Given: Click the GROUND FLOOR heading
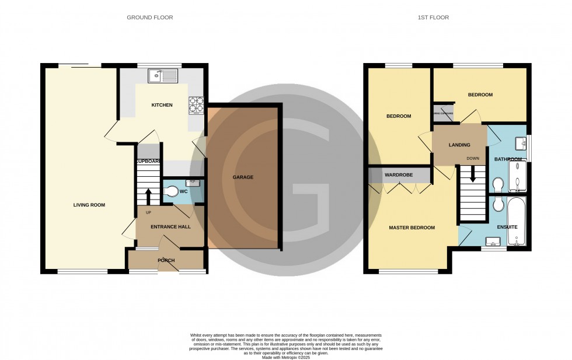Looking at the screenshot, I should (150, 18).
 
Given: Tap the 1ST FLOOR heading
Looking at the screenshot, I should (433, 18).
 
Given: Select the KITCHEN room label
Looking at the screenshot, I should (162, 105).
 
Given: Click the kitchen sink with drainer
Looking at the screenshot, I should (163, 75).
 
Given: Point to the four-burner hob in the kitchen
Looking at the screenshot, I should (196, 104).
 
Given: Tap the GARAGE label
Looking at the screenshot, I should (243, 177).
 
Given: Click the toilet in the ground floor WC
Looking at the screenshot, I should (170, 191).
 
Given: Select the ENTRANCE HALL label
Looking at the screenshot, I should (169, 226).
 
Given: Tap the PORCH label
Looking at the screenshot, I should (166, 260).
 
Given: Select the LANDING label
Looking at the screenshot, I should (459, 145).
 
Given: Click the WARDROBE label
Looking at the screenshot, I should (399, 174).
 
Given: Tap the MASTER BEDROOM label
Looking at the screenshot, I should (412, 228).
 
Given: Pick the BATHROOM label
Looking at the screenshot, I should (508, 159).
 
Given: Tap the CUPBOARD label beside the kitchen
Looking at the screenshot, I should (148, 162).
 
